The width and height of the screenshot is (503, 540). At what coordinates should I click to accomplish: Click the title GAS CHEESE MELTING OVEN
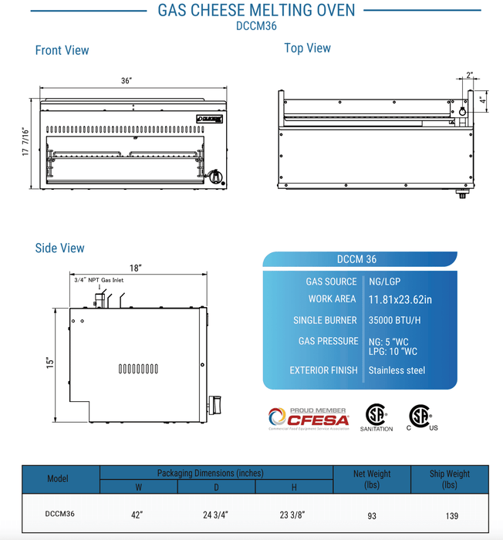256,10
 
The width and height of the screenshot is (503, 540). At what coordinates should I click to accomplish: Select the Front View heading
62,50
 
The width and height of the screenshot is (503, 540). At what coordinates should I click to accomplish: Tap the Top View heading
307,48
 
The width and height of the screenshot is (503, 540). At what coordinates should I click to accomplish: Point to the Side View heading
59,248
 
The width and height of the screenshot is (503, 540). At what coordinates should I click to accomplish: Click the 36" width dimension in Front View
127,81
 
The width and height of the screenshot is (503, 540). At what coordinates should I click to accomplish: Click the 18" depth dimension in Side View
136,268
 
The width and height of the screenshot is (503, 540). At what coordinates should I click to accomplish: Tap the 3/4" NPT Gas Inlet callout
96,281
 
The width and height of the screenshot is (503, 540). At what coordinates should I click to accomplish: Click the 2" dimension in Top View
470,76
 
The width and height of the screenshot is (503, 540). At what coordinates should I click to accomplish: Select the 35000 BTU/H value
395,320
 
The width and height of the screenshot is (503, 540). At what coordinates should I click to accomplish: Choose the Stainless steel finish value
397,370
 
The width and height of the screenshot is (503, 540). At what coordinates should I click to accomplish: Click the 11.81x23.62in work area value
400,299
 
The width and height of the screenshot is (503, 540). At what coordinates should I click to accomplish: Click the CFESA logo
308,417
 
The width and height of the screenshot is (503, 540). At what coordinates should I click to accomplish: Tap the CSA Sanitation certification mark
376,416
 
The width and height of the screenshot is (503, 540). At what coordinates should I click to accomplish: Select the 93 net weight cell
372,515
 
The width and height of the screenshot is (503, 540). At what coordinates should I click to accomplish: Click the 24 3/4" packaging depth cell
216,515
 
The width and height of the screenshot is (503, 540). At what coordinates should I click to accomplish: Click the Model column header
58,478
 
